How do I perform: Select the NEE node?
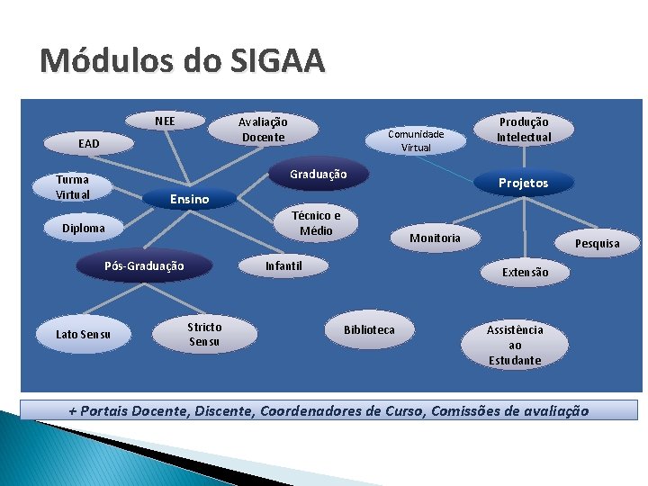pos(165,121)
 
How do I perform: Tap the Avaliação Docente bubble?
pos(263,130)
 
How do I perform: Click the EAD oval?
pos(89,143)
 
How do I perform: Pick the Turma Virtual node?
pos(73,187)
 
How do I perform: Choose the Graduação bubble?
pos(318,174)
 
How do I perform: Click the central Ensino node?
pos(189,199)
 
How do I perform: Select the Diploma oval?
pos(84,228)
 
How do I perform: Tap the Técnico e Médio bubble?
pos(316,223)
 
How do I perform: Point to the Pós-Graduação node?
pos(144,265)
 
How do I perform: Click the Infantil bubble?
pos(283,265)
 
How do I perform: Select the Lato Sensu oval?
pos(84,334)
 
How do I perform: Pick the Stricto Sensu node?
pos(204,334)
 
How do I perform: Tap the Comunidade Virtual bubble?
pos(416,140)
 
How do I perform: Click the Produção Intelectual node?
pos(524,129)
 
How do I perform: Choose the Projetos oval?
pos(523,183)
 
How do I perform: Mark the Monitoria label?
pos(435,238)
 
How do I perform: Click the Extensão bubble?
pos(525,272)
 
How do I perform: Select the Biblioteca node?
pos(369,329)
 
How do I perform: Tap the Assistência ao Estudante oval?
pos(515,345)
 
